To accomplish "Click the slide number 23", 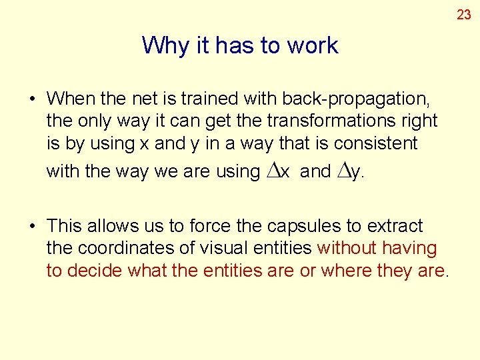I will [463, 15].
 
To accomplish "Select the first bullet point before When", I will [32, 99].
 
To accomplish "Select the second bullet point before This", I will [32, 227].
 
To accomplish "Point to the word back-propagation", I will [355, 99].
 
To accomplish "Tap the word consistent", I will [385, 143].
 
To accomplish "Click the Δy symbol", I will [349, 171].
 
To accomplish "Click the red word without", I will [347, 249].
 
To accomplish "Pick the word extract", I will [396, 227].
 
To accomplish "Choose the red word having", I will [410, 249].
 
